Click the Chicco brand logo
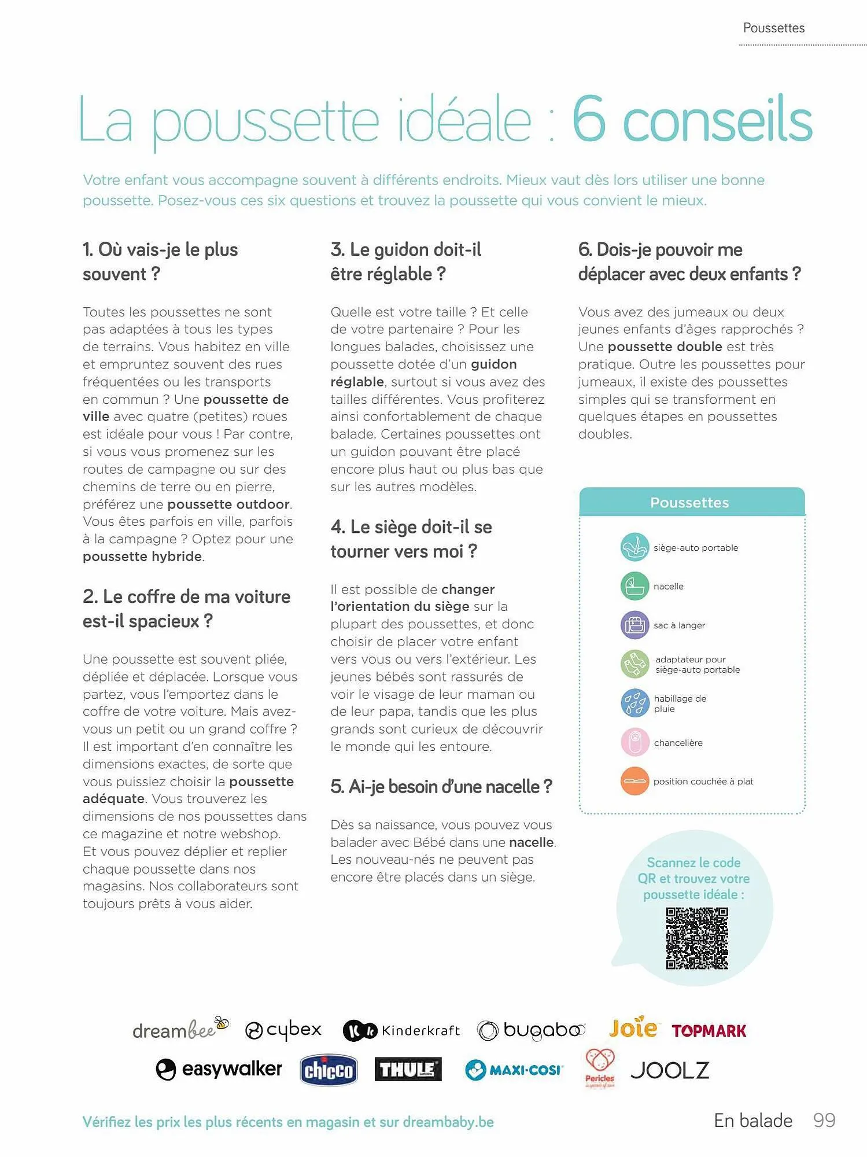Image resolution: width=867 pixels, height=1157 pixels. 329,1070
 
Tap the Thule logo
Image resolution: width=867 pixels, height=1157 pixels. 408,1069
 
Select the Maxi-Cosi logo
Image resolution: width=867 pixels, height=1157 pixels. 514,1070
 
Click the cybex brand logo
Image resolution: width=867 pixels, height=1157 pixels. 283,1030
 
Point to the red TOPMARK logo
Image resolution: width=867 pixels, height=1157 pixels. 709,1031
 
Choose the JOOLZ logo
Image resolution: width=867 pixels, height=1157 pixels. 670,1070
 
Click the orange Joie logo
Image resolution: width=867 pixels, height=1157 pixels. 633,1028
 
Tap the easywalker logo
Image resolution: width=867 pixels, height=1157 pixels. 219,1069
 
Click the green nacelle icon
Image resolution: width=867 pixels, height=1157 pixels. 634,586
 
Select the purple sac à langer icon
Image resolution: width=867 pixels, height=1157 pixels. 634,625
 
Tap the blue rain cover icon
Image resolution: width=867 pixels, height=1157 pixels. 634,703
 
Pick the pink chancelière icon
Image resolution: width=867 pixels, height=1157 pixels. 634,742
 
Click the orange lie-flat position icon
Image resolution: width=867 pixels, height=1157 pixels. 634,781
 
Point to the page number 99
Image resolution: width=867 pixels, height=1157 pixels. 824,1121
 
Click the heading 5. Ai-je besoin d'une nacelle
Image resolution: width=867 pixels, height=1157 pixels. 441,787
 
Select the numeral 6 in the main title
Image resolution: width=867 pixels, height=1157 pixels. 589,120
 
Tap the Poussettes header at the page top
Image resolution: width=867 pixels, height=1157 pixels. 773,28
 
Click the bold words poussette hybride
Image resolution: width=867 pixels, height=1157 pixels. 142,557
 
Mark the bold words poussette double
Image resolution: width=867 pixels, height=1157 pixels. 665,347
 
